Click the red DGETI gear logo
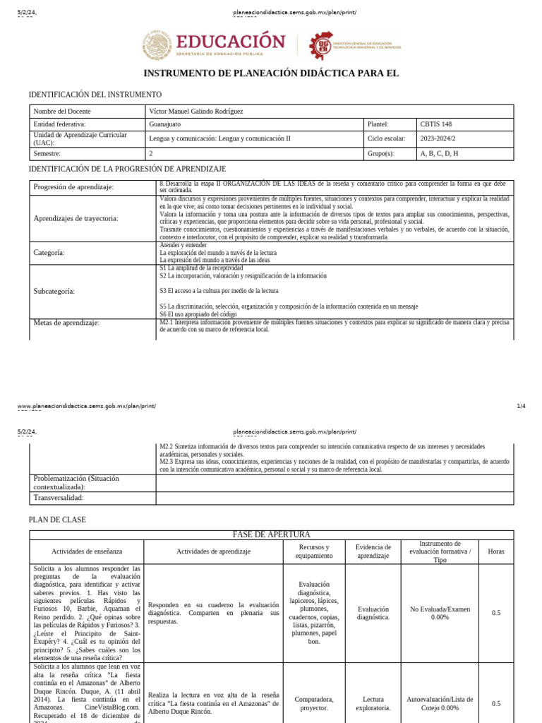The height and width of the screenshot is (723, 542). click(321, 45)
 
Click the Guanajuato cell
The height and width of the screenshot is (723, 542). click(165, 124)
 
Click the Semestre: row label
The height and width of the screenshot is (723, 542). click(47, 153)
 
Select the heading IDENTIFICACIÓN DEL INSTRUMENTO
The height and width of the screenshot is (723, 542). click(95, 94)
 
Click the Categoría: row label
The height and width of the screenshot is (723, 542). click(49, 253)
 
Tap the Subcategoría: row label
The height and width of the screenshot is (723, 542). click(54, 291)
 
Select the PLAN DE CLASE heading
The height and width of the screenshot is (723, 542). click(57, 520)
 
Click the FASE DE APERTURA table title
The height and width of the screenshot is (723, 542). click(271, 534)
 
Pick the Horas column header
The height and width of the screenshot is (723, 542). click(496, 551)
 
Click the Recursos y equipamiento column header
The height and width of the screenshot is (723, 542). click(314, 551)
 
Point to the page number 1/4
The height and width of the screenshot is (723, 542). click(521, 406)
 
